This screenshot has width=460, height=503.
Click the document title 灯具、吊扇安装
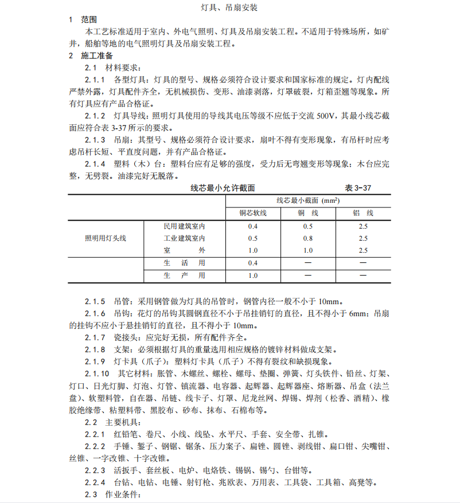click(x=229, y=8)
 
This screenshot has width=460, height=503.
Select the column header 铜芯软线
click(x=253, y=213)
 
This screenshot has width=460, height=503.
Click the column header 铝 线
click(x=363, y=213)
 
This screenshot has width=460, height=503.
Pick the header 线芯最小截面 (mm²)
click(x=308, y=201)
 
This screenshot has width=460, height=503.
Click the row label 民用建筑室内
click(x=184, y=226)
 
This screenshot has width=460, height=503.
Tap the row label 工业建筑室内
click(x=184, y=238)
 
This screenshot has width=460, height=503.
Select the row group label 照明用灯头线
click(x=106, y=238)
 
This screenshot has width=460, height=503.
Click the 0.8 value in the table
click(x=308, y=238)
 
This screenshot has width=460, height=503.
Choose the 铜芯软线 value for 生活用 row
click(x=253, y=263)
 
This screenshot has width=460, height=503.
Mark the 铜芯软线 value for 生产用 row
click(x=253, y=276)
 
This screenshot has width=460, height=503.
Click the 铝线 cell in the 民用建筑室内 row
click(x=363, y=226)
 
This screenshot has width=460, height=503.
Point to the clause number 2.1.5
click(x=95, y=301)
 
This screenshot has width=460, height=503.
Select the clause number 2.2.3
click(x=95, y=469)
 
